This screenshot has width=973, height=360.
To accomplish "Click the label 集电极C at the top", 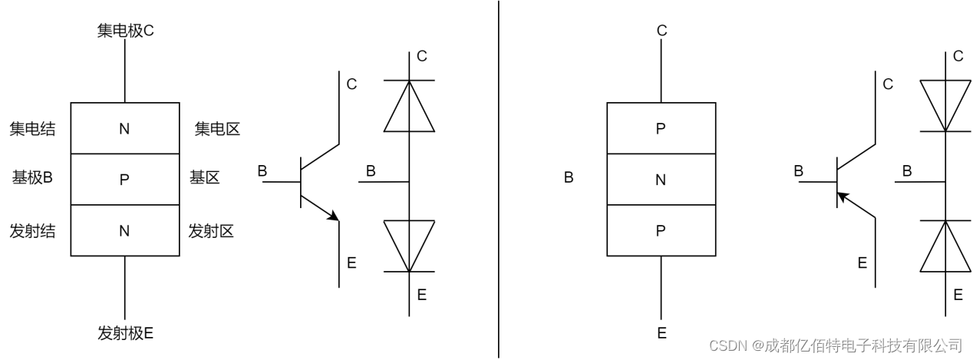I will coord(126,31).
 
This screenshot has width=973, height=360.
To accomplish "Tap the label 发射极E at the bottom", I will coord(126,333).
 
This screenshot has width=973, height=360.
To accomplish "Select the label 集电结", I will coord(32,129).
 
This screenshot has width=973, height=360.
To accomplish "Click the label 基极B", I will coord(32,178).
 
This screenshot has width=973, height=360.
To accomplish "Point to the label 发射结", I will coord(32,230).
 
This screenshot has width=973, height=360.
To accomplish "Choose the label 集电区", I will coord(217,129).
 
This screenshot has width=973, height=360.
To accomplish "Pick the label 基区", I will coord(204,178).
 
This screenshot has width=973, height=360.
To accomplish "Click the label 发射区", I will coord(211,230).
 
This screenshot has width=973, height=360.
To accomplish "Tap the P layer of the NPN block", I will coord(125,180).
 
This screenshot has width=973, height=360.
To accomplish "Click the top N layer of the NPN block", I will coord(125,129).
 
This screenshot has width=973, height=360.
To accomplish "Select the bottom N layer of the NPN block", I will coord(125,230).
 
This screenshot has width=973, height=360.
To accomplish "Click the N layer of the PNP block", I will coord(661,180).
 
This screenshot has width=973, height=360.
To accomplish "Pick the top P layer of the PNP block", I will coord(661,129).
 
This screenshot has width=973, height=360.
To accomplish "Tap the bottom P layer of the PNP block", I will coord(661,230).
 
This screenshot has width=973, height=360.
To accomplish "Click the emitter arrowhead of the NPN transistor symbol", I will coord(333,216).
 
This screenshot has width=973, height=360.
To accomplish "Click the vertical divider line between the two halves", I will coord(499,180).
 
